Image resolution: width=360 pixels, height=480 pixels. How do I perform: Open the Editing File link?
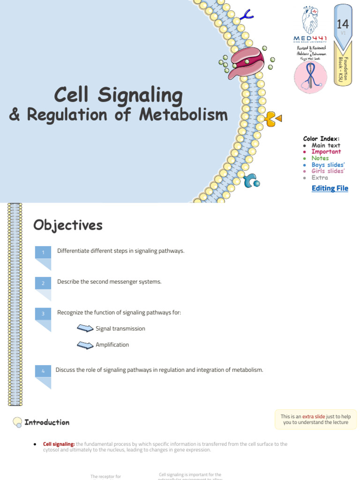point(330,188)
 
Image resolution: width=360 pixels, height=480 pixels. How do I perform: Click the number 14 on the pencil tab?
point(343,24)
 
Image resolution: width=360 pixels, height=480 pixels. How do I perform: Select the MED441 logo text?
point(310,38)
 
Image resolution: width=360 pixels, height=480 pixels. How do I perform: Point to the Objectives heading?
point(68,225)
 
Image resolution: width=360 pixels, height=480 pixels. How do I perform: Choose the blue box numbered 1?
point(43,253)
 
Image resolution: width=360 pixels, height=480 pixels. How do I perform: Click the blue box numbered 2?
point(43,284)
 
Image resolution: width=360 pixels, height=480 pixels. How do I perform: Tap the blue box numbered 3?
point(43,314)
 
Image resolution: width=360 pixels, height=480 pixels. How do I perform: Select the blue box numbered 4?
point(43,371)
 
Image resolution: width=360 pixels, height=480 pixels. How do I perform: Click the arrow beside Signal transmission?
point(85,329)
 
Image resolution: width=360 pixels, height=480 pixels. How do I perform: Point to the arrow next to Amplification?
point(85,345)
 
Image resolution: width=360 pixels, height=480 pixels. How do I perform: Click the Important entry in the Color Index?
point(326,152)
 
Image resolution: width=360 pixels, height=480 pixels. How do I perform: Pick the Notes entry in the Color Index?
point(320,158)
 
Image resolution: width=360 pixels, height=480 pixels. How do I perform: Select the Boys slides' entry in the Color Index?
point(328,165)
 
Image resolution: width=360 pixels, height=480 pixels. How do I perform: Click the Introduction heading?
point(47,422)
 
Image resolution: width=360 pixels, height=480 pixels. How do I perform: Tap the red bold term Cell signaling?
point(59,444)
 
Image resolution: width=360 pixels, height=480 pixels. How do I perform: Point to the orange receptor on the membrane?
point(271,119)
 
